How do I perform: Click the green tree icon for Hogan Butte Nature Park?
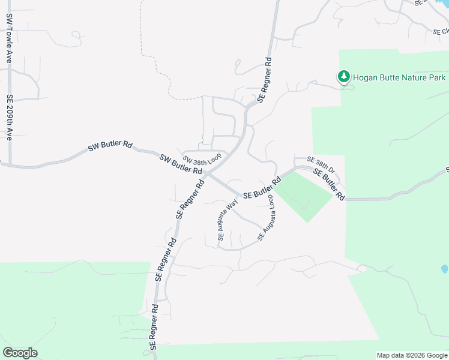click(343, 77)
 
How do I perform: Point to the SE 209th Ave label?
click(10, 116)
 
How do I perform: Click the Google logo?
click(20, 353)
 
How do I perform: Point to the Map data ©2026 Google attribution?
click(411, 355)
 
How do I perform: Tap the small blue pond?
click(444, 269)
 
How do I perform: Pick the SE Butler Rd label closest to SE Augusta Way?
click(262, 188)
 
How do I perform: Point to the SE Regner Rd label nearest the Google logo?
click(155, 326)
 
